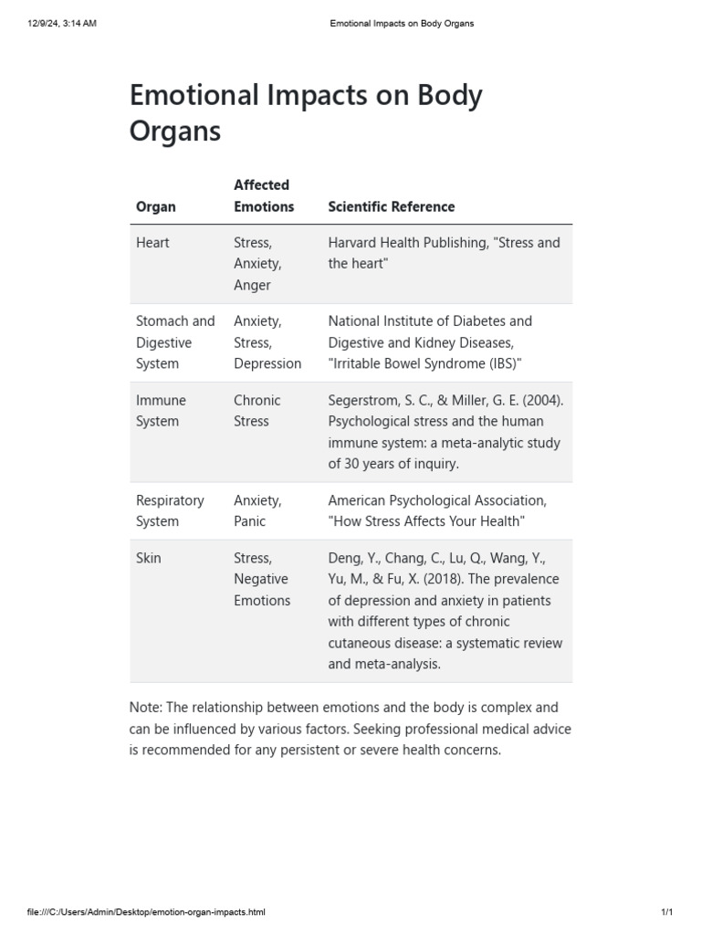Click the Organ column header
pos(156,206)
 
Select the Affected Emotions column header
pos(264,195)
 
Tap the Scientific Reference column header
pos(391,206)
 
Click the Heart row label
pos(152,243)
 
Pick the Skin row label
pos(148,558)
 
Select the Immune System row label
pos(161,411)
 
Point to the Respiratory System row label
pos(170,511)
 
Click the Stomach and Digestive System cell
pos(175,342)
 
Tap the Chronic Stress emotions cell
pos(256,411)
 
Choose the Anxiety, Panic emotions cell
pos(257,511)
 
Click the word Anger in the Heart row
pos(252,285)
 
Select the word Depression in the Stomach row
pos(267,363)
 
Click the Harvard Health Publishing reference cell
pos(444,253)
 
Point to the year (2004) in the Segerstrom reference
pos(537,400)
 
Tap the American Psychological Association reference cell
pos(437,511)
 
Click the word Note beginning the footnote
pos(148,708)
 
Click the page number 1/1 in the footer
pos(666,912)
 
